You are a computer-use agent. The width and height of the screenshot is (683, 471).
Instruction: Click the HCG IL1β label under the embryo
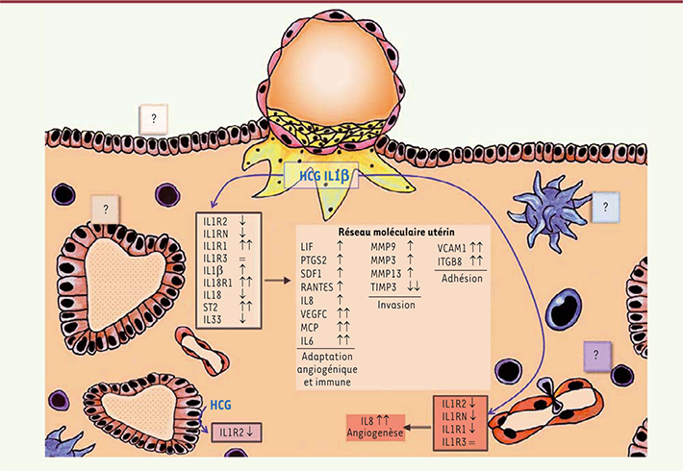pos(324,176)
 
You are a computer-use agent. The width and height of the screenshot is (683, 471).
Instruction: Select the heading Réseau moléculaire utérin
pos(396,232)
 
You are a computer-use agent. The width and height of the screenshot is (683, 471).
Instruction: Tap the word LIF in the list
pos(307,247)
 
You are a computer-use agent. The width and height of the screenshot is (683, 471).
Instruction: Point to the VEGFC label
pos(314,314)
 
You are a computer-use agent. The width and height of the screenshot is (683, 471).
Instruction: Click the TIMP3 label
pos(384,287)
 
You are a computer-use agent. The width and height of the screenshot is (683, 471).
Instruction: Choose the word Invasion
pos(396,305)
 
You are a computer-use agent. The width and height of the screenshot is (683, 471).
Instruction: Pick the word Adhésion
pos(462,278)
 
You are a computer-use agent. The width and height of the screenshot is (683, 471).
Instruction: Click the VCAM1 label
pos(452,248)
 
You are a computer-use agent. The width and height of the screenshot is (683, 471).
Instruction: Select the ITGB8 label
pos(450,261)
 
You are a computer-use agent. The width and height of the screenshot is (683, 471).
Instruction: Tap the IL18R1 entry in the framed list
pos(217,283)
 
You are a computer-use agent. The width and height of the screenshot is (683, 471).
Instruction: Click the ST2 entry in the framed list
pos(210,308)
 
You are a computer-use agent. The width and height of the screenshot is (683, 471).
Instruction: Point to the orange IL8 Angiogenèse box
pos(375,428)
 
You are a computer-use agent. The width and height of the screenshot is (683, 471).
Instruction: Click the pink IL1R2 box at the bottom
pos(237,433)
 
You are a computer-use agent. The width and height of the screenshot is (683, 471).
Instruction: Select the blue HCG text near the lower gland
pos(221,406)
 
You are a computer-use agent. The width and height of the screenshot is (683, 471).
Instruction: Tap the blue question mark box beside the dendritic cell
pos(605,208)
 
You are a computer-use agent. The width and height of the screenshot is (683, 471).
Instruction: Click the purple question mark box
pos(597,356)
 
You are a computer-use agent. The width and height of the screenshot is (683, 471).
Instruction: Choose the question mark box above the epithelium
pos(153,119)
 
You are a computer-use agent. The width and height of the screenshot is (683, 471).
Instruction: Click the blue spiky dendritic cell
pos(548,211)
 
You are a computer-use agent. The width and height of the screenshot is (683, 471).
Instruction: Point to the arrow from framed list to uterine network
pos(277,281)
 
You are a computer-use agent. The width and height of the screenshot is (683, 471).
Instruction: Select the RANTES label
pos(316,287)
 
